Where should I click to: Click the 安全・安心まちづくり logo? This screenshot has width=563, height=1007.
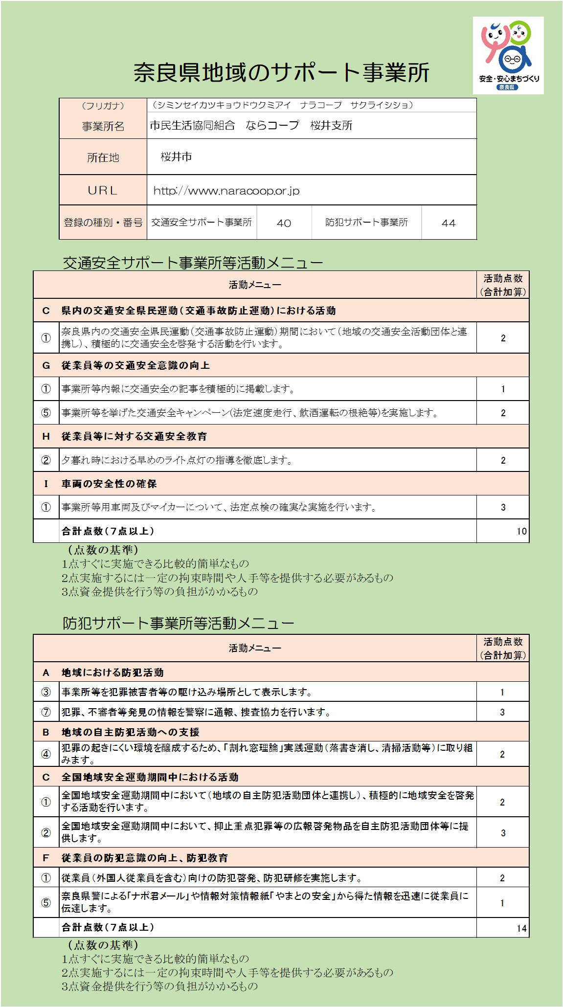pyautogui.click(x=508, y=55)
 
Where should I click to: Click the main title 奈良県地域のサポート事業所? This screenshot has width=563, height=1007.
pyautogui.click(x=281, y=72)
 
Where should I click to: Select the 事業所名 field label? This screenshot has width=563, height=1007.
pyautogui.click(x=103, y=126)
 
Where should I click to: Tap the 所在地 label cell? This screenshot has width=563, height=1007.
pyautogui.click(x=103, y=157)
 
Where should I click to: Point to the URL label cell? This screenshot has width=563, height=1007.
pyautogui.click(x=103, y=190)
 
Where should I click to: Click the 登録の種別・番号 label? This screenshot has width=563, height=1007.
pyautogui.click(x=103, y=223)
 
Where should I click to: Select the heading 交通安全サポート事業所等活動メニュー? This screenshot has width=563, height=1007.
pyautogui.click(x=193, y=263)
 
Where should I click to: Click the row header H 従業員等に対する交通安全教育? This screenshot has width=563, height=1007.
pyautogui.click(x=134, y=436)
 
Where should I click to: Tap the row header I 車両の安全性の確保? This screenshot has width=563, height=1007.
pyautogui.click(x=109, y=484)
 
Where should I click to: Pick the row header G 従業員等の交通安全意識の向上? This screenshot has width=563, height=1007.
pyautogui.click(x=135, y=365)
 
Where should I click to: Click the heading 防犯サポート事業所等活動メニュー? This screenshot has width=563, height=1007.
pyautogui.click(x=178, y=623)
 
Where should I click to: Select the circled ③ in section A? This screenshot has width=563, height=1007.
pyautogui.click(x=46, y=692)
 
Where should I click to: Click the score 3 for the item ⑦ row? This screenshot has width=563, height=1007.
pyautogui.click(x=502, y=712)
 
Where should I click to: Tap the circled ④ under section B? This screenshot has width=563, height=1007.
pyautogui.click(x=46, y=754)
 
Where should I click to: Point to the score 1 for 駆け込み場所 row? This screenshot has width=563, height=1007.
pyautogui.click(x=502, y=692)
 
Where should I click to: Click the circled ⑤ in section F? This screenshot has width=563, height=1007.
pyautogui.click(x=46, y=903)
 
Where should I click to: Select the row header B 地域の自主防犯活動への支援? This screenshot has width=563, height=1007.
pyautogui.click(x=130, y=732)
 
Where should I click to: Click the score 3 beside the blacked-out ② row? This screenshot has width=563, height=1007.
pyautogui.click(x=503, y=833)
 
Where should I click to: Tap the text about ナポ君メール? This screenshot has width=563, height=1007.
pyautogui.click(x=264, y=902)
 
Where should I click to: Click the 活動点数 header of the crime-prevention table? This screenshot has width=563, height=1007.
pyautogui.click(x=503, y=648)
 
